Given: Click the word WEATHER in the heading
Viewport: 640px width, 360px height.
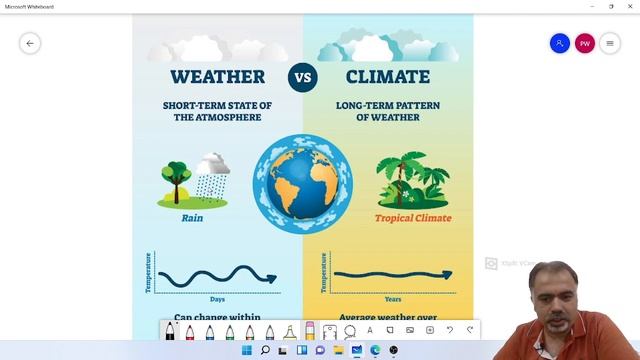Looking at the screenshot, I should click(x=217, y=77).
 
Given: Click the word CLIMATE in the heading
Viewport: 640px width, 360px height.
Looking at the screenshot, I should click(x=387, y=77).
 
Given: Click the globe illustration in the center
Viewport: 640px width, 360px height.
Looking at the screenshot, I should click(x=302, y=183).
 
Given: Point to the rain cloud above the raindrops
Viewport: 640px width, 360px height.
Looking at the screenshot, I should click(x=211, y=164).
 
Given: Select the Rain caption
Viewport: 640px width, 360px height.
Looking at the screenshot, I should click(x=193, y=217).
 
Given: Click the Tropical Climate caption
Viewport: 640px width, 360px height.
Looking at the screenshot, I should click(x=413, y=217).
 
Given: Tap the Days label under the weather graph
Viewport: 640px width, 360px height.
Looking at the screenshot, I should click(x=217, y=299).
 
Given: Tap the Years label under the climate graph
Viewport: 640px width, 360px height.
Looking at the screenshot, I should click(x=393, y=299).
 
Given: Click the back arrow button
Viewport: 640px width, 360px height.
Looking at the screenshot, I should click(x=30, y=43).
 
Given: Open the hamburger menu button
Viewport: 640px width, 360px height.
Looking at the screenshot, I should click(x=610, y=43).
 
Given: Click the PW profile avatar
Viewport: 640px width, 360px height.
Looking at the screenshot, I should click(x=584, y=43).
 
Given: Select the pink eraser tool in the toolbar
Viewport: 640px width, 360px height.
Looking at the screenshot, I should click(x=310, y=330).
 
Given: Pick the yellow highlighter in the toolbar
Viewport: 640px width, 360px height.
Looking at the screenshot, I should click(x=290, y=330).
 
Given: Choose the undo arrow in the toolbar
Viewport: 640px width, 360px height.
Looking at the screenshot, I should click(x=450, y=330).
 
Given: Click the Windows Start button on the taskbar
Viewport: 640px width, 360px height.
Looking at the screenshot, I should click(x=247, y=351).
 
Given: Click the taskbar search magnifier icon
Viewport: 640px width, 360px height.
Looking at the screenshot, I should click(x=265, y=351).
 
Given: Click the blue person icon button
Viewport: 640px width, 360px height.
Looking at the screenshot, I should click(x=559, y=43).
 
